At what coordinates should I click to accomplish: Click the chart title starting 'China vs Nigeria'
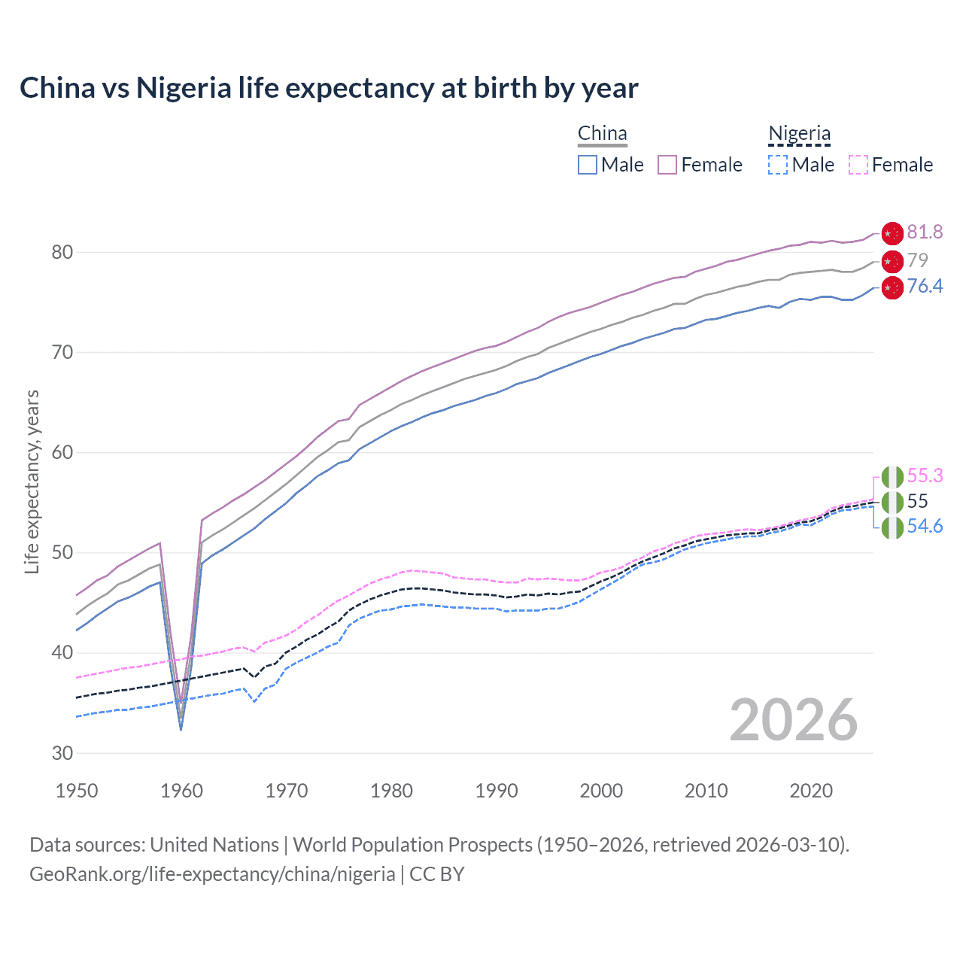[x=329, y=88]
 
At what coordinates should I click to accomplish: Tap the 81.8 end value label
[x=925, y=232]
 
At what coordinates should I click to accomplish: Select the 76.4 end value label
[x=925, y=287]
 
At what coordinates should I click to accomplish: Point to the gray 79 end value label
[x=917, y=260]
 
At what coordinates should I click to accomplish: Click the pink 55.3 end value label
[x=925, y=476]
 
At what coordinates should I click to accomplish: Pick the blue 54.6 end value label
[x=925, y=527]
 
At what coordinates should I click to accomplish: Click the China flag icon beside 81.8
[x=892, y=233]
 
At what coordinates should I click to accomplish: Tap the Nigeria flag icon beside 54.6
[x=892, y=527]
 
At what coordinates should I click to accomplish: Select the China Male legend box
[x=588, y=165]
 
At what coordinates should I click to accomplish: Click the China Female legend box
[x=667, y=165]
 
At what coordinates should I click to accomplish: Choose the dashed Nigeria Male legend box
[x=778, y=165]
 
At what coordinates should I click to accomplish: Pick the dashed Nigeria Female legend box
[x=858, y=165]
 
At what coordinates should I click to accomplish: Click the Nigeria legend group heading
[x=799, y=134]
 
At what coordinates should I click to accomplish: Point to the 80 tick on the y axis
[x=62, y=252]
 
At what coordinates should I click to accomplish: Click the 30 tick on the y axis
[x=62, y=753]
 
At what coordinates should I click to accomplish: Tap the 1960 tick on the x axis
[x=182, y=791]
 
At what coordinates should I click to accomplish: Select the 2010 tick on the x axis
[x=706, y=791]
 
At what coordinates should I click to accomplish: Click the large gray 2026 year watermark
[x=793, y=721]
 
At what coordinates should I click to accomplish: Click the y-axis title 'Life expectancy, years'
[x=32, y=481]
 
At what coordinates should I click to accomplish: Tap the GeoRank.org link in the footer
[x=212, y=874]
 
